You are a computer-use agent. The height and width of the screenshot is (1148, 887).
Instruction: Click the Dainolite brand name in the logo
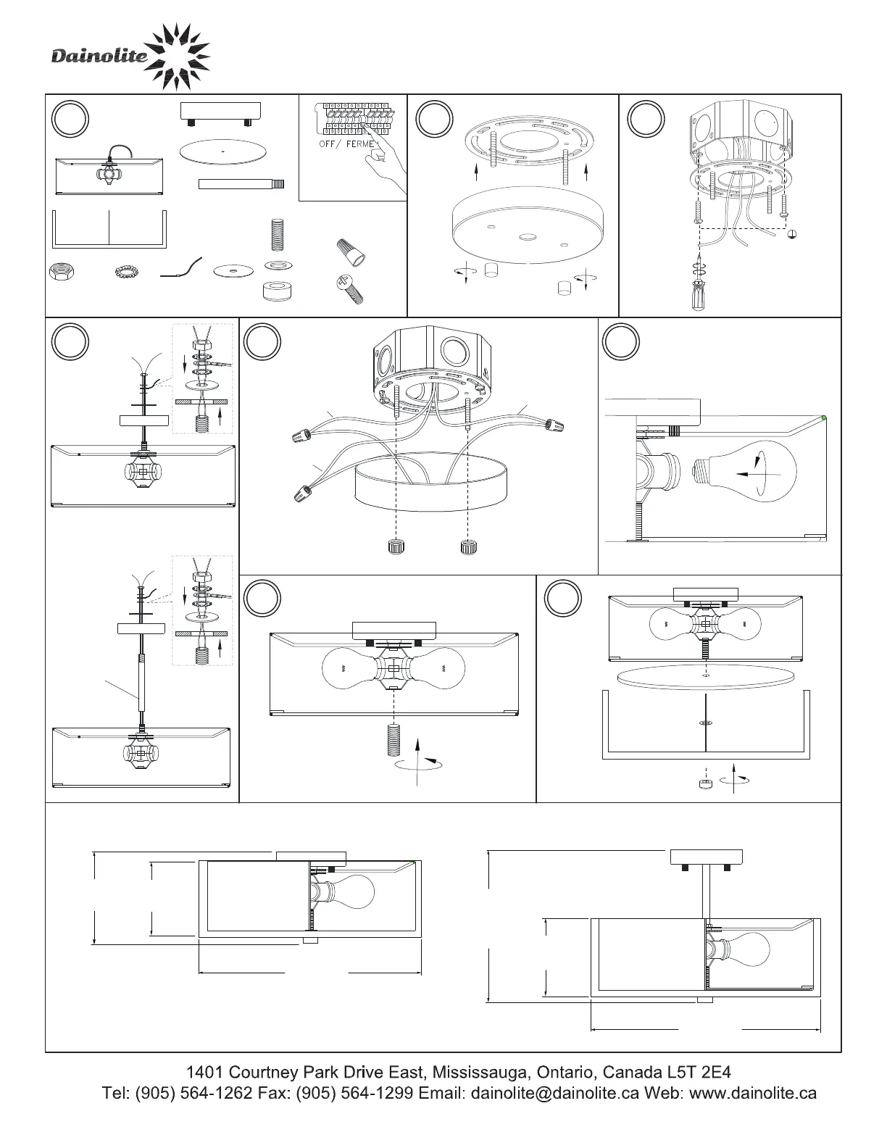coord(99,57)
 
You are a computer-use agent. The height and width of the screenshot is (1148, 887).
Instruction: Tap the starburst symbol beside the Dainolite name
coord(178,57)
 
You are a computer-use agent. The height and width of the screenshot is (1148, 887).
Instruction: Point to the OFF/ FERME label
coord(349,143)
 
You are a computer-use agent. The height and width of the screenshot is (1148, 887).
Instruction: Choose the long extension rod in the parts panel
coord(241,184)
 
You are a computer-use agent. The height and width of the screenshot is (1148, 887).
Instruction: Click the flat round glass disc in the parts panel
coord(224,151)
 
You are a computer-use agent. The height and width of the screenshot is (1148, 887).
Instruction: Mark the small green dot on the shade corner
coord(825,418)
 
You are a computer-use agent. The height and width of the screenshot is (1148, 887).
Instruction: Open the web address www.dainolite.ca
coord(753,1093)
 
